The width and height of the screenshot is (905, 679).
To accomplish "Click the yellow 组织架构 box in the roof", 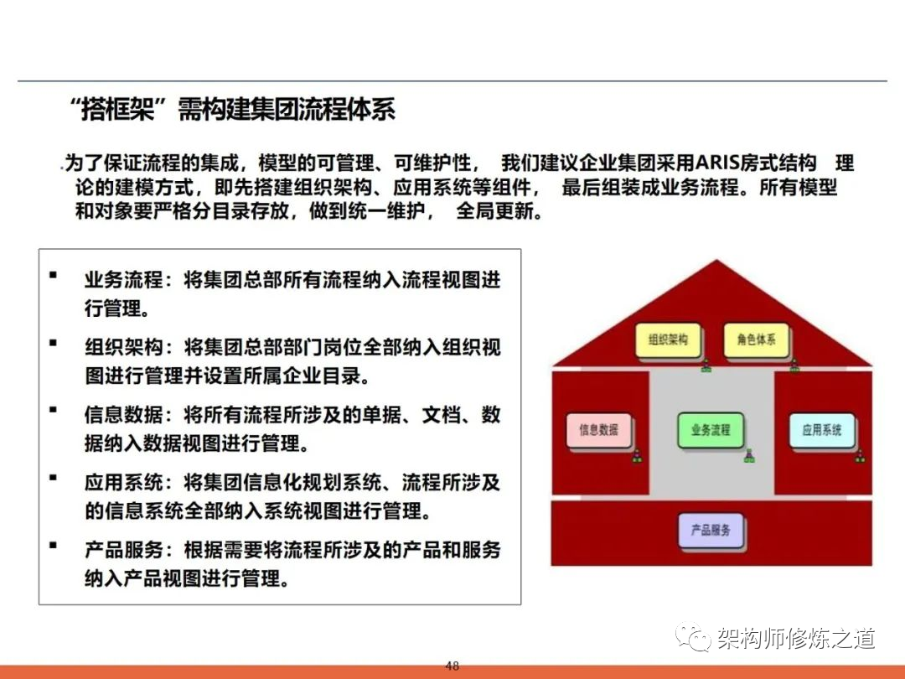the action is (668, 339).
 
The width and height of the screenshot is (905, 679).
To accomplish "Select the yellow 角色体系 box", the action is (756, 339).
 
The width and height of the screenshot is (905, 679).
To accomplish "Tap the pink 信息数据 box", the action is (598, 429).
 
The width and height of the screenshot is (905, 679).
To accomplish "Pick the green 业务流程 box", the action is (710, 429).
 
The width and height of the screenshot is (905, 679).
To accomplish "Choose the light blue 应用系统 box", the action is (821, 429).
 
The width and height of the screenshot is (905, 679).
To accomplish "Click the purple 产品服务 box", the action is (710, 530).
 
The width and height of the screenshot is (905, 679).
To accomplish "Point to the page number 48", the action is (452, 666).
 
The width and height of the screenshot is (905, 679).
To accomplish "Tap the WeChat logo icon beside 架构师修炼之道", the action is (693, 637).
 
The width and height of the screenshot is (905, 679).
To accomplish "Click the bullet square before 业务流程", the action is (53, 275).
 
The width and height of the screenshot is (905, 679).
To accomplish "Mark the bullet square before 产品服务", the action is (53, 545).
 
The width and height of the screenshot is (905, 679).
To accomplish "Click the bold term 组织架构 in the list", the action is (123, 348).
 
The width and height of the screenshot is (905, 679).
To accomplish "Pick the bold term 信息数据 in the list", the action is (123, 415).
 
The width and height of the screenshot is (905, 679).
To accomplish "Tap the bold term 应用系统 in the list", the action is (123, 482).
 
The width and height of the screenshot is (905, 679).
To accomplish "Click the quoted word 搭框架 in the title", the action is (118, 110).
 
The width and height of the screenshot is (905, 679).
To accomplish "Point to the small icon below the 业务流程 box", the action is (749, 456).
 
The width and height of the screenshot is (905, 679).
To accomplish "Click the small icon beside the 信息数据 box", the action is (637, 456).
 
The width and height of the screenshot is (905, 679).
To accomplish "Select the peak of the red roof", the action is (716, 261).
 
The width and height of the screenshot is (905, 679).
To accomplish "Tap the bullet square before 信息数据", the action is (53, 409).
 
